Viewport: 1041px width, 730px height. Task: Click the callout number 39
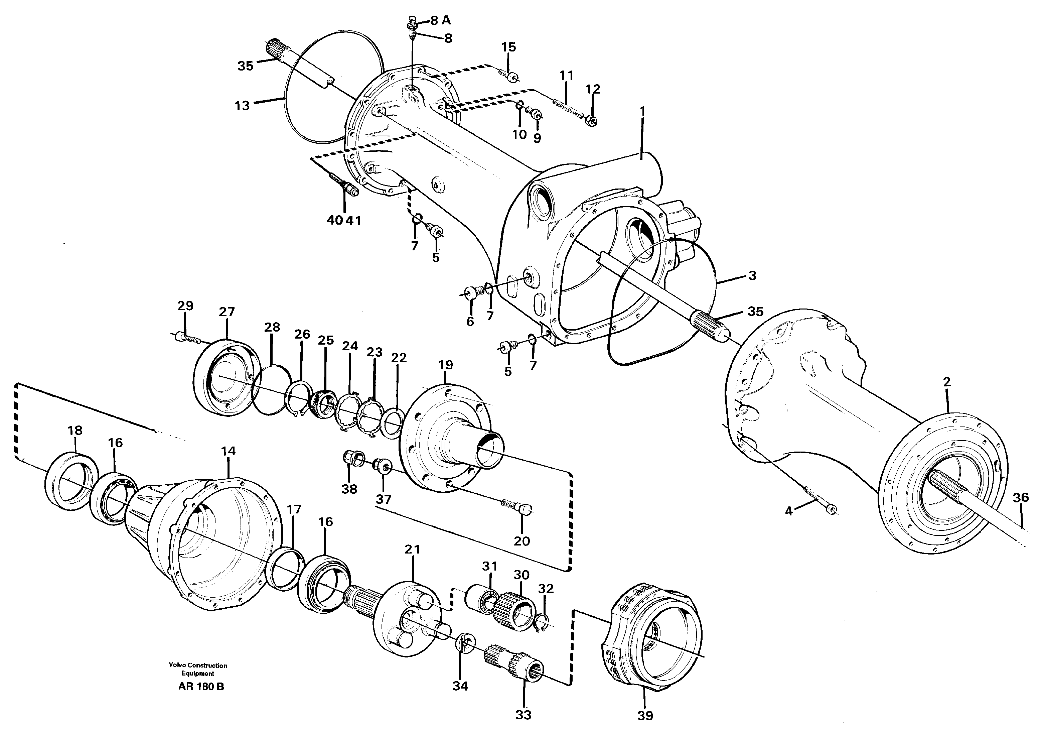pyautogui.click(x=645, y=716)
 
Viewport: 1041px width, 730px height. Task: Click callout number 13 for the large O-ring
pyautogui.click(x=242, y=106)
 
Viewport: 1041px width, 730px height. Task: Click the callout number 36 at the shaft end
pyautogui.click(x=1021, y=498)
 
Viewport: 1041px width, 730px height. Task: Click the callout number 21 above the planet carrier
pyautogui.click(x=412, y=550)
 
